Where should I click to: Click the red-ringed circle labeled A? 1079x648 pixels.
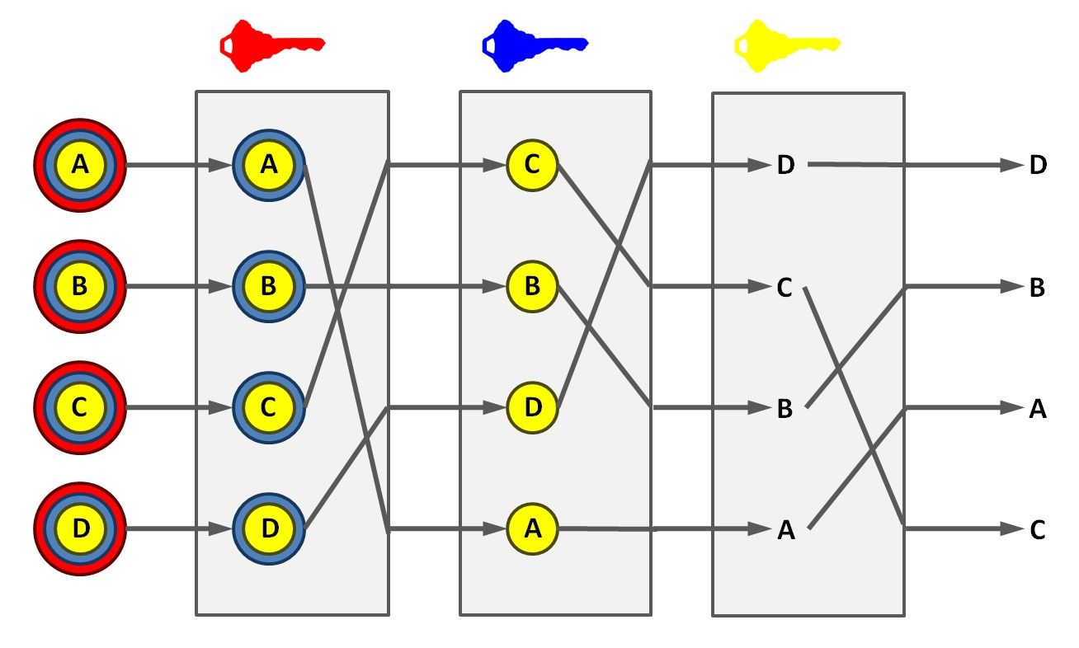[79, 166]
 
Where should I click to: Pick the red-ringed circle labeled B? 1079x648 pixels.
[79, 287]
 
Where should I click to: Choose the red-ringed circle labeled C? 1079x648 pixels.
[79, 407]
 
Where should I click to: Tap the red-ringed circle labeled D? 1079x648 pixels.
[79, 528]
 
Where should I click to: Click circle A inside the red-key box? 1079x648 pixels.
[269, 166]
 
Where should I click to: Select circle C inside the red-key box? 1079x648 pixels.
[269, 407]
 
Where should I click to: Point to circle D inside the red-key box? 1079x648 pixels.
[269, 528]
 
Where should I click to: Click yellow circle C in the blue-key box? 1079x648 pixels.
[532, 166]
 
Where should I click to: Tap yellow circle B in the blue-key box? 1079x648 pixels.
[532, 287]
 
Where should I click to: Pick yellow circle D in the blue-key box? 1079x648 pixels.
[532, 407]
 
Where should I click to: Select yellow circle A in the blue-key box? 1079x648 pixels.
[532, 528]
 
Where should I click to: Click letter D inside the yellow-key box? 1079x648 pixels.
[785, 166]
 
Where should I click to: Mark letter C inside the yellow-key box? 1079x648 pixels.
[785, 288]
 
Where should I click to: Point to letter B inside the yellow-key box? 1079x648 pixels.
[785, 409]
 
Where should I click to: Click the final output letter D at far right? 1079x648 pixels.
[1038, 166]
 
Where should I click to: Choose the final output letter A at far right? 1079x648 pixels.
[1038, 409]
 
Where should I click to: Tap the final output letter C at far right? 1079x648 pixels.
[1038, 530]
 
